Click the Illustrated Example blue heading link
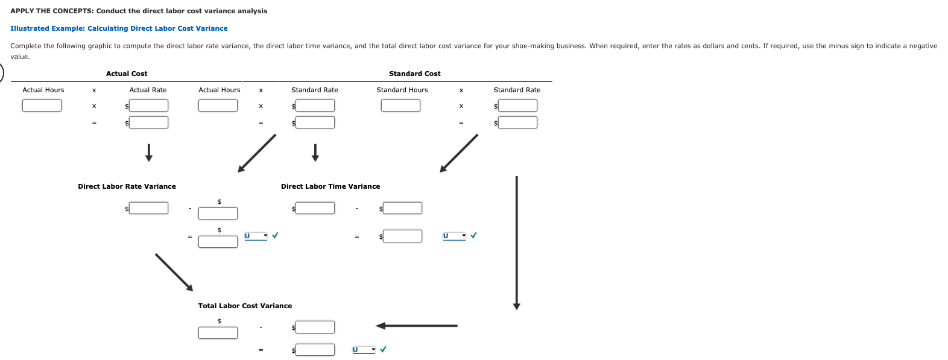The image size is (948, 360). tap(119, 28)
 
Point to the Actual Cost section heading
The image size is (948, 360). tap(127, 74)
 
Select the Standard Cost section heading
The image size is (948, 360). tap(414, 74)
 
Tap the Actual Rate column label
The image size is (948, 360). tap(148, 90)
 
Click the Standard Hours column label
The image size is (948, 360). tap(402, 90)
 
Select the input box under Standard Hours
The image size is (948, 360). tap(400, 106)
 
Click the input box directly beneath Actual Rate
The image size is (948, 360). tap(148, 106)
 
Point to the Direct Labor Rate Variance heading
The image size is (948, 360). tap(127, 186)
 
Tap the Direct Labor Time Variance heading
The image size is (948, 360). tap(330, 186)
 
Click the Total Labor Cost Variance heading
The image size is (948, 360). tap(245, 306)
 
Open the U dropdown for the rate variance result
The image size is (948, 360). tap(256, 236)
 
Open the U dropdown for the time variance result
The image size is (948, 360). tap(454, 236)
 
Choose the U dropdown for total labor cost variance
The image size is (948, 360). tap(364, 350)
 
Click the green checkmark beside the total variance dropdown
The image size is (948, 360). tap(384, 349)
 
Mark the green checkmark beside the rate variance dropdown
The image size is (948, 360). tap(276, 235)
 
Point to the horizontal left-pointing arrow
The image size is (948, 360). tap(416, 326)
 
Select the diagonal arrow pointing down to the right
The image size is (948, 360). tap(174, 272)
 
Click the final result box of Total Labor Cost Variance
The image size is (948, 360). tap(315, 350)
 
